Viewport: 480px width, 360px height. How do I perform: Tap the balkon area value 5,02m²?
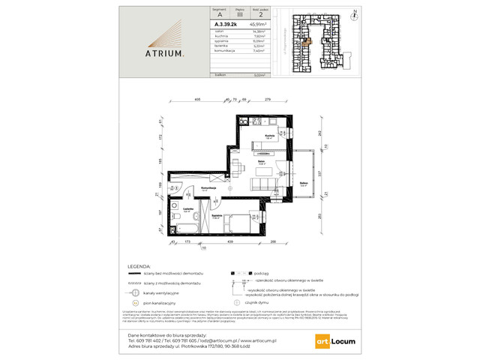[259, 75]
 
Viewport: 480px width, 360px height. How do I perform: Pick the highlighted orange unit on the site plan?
[306, 41]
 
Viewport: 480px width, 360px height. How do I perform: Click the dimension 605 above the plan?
[197, 99]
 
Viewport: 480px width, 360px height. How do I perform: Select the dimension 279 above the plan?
[268, 99]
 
